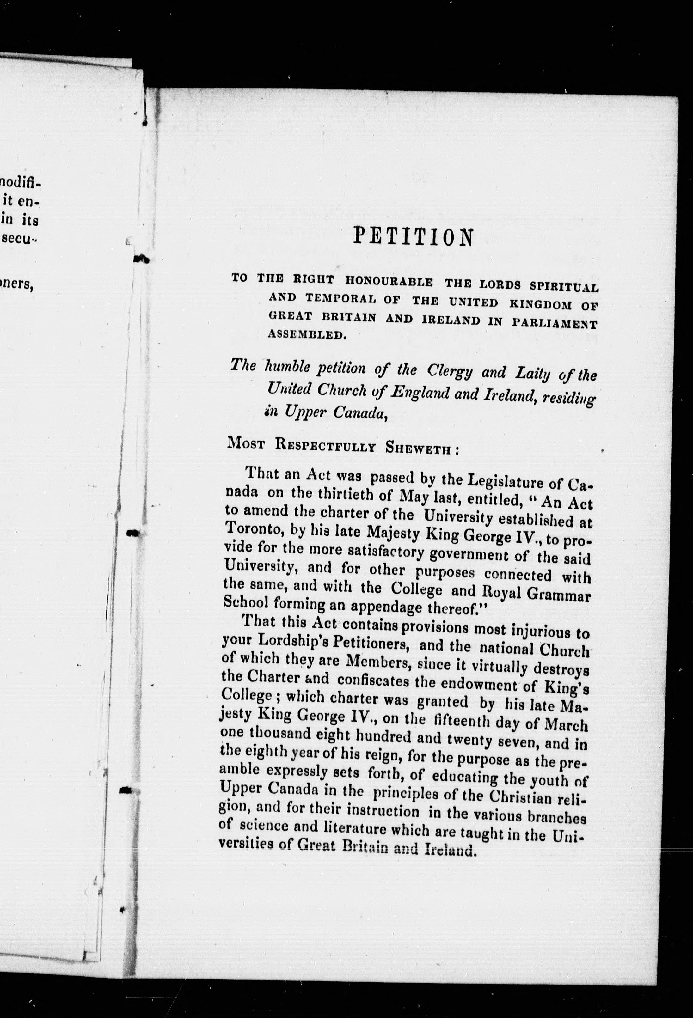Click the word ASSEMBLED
pyautogui.click(x=307, y=335)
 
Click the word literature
pyautogui.click(x=348, y=827)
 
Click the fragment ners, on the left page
pyautogui.click(x=17, y=284)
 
